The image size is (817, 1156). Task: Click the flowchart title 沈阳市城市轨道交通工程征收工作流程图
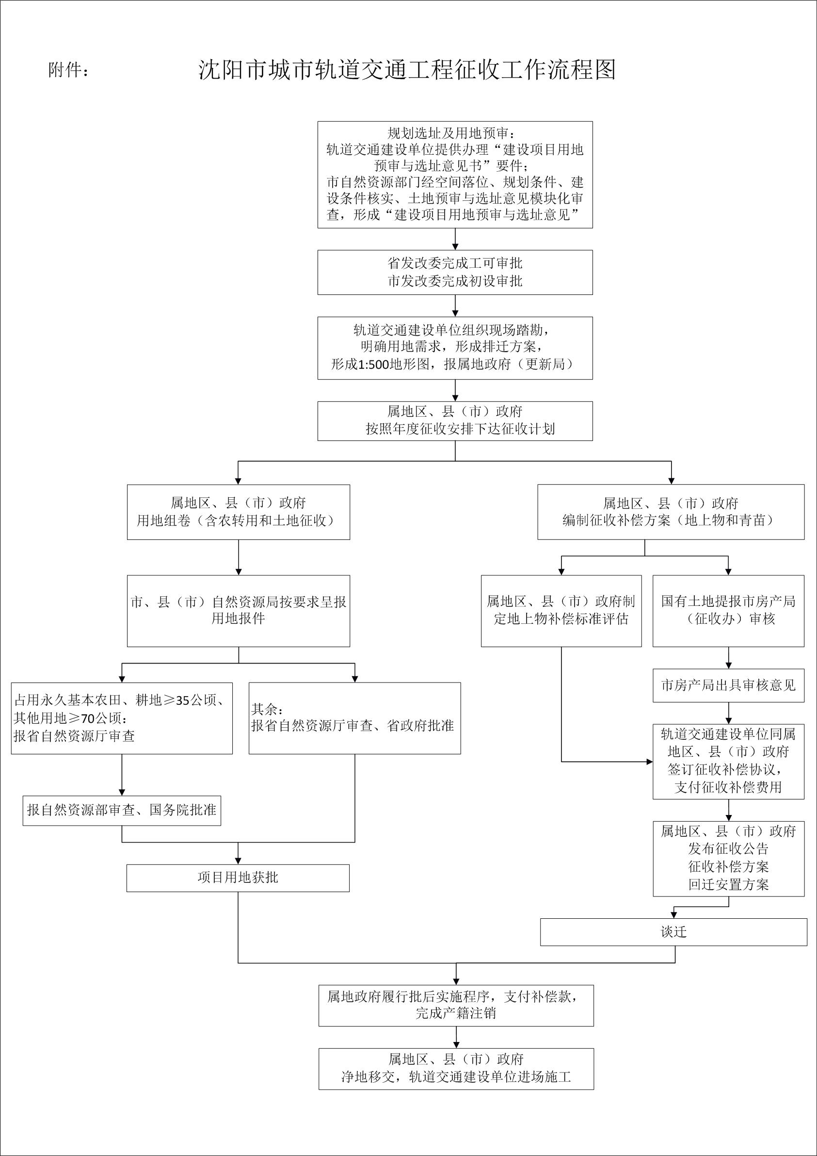(407, 69)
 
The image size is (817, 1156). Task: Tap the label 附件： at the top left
(69, 70)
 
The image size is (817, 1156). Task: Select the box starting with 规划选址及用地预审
(455, 175)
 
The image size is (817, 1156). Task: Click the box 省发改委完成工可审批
(455, 272)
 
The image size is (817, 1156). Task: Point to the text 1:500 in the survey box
(373, 364)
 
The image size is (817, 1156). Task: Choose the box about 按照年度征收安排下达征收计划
(455, 421)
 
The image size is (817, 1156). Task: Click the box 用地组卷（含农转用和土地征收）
(238, 512)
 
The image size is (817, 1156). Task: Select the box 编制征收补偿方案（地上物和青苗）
(671, 512)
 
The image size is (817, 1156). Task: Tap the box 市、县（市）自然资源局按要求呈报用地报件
(238, 611)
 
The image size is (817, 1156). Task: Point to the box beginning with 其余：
(354, 718)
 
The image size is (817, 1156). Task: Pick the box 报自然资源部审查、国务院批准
(122, 811)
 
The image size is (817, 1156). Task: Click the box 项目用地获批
(238, 878)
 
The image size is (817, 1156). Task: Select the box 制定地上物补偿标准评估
(561, 611)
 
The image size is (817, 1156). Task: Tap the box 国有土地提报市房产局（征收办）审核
(728, 611)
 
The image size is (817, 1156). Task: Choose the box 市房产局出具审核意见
(728, 685)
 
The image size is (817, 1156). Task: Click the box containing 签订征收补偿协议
(728, 761)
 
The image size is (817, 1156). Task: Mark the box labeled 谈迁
(673, 932)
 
